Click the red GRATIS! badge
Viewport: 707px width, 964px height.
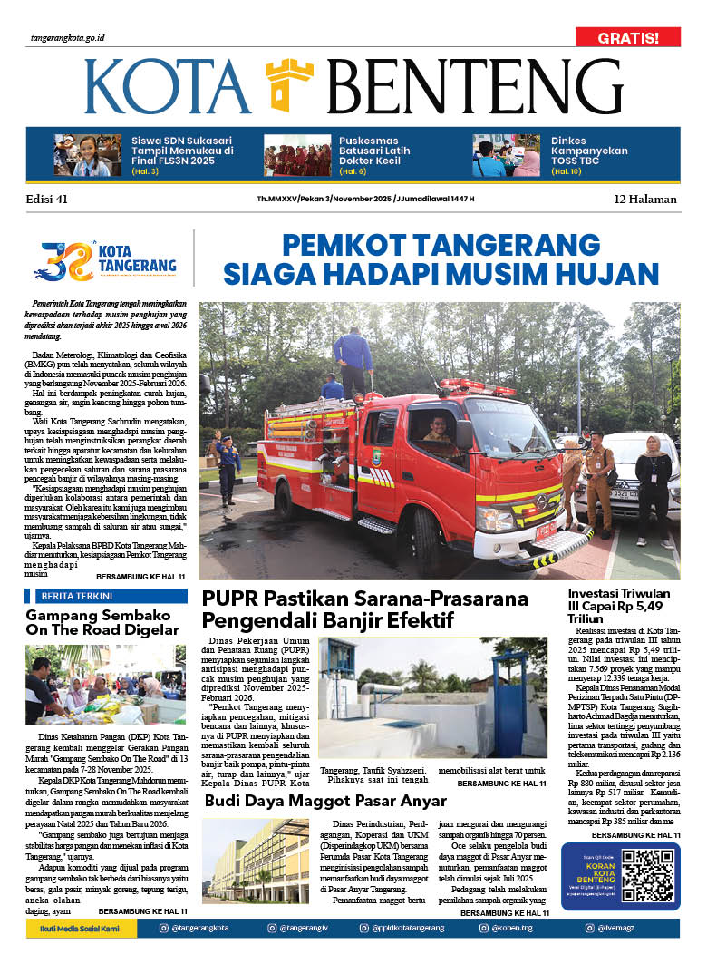click(x=627, y=37)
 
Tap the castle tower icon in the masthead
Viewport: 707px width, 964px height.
click(x=289, y=84)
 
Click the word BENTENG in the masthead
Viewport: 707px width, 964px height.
click(x=474, y=87)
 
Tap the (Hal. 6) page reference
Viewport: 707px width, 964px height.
click(x=352, y=170)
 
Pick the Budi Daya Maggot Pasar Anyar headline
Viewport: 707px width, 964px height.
click(x=325, y=801)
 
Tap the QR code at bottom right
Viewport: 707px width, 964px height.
click(x=647, y=875)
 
